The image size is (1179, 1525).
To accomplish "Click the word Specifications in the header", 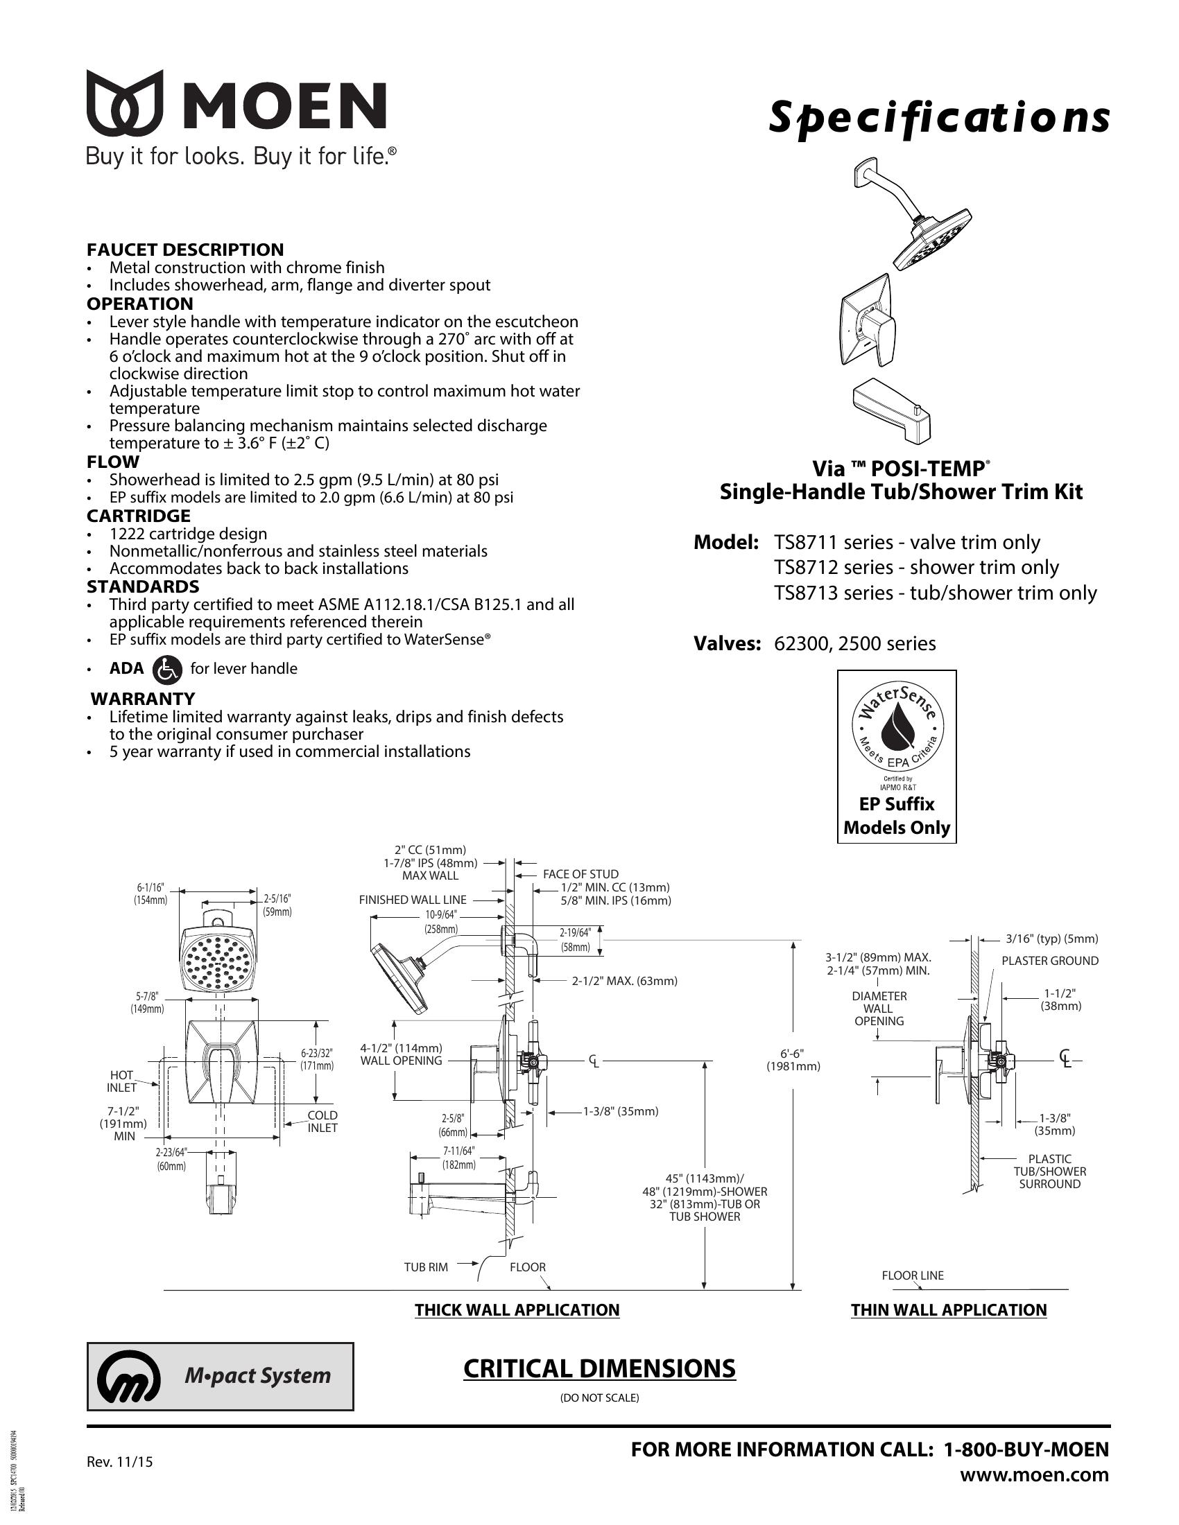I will tap(939, 118).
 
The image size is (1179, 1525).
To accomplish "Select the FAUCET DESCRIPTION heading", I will tap(185, 250).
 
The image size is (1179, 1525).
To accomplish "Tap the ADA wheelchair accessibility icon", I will tap(167, 669).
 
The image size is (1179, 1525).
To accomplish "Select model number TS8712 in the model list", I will tap(806, 567).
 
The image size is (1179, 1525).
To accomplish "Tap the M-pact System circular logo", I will tap(128, 1375).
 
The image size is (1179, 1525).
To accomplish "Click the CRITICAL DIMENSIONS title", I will tap(599, 1369).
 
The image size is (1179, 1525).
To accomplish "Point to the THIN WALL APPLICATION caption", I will tap(949, 1310).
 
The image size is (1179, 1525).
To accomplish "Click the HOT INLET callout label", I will tap(121, 1081).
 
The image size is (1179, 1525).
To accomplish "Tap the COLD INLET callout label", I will tap(322, 1122).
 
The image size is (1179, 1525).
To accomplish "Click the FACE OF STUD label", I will tap(580, 873).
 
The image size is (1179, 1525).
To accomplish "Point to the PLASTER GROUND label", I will tap(1050, 961).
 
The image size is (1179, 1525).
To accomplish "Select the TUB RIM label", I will tap(425, 1266).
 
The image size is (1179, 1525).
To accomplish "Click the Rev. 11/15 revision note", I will tap(119, 1461).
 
